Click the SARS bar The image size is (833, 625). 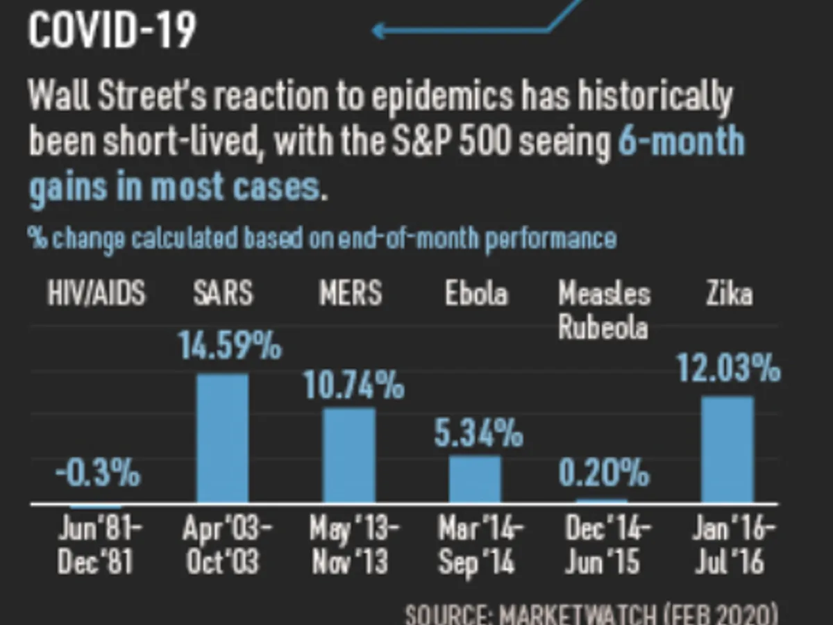222,438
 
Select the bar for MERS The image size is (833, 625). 348,455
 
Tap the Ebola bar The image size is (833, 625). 475,479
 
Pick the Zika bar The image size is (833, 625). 727,449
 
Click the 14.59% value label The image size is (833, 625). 229,346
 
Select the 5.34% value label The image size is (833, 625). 479,433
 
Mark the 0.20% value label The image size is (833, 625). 604,474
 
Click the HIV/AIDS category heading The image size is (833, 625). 96,294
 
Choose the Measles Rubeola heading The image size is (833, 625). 604,310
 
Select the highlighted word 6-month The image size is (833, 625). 681,142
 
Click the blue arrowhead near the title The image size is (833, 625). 379,30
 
